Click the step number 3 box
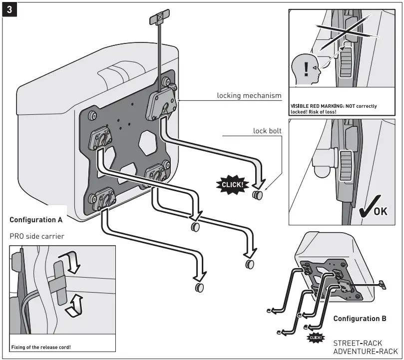9,10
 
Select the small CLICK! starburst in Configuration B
317,338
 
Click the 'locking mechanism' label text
249,95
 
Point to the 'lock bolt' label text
267,131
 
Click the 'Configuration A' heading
36,220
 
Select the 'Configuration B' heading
360,319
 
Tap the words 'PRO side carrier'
36,236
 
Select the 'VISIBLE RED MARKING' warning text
333,109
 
